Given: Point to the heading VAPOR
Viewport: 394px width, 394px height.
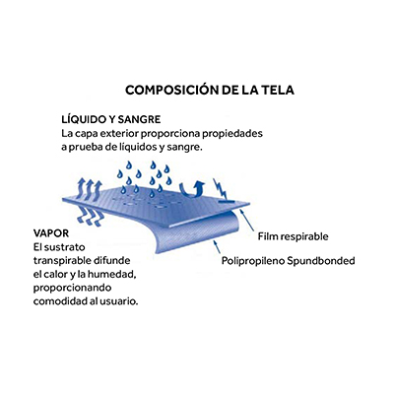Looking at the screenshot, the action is pyautogui.click(x=51, y=233).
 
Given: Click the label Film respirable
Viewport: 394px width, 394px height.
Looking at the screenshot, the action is pyautogui.click(x=293, y=236).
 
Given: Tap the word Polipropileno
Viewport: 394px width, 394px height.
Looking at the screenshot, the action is pyautogui.click(x=253, y=261).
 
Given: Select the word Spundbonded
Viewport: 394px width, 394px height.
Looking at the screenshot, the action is pyautogui.click(x=321, y=261).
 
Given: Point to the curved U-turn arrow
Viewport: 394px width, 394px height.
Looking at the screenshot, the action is pyautogui.click(x=193, y=190).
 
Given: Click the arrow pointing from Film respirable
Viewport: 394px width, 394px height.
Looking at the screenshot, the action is pyautogui.click(x=247, y=220).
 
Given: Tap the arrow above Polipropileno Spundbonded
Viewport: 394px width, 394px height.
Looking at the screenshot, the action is pyautogui.click(x=217, y=246).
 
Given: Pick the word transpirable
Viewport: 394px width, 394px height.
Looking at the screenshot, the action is pyautogui.click(x=62, y=261).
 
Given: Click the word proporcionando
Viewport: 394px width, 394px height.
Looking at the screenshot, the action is pyautogui.click(x=72, y=289).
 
